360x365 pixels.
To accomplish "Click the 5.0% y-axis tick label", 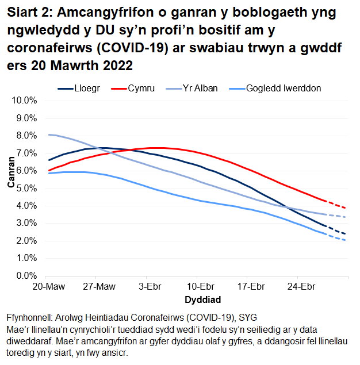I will pos(25,189).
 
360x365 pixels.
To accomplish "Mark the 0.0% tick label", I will pos(25,276).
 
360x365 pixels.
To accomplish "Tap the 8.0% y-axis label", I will pos(25,136).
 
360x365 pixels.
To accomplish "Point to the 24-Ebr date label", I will pos(300,286).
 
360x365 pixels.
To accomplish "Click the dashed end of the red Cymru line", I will pos(338,204).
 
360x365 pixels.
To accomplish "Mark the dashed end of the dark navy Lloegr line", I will pos(338,230).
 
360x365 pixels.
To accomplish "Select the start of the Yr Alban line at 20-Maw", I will pos(49,135).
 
